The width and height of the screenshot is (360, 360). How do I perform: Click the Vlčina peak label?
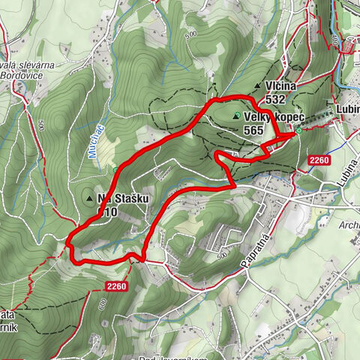(x=280, y=86)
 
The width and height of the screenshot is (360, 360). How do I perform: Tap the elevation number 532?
(x=274, y=99)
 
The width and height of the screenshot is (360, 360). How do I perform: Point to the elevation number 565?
(x=254, y=129)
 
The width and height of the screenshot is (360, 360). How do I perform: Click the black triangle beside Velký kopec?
(x=238, y=115)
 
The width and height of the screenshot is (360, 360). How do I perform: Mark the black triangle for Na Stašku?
(x=90, y=199)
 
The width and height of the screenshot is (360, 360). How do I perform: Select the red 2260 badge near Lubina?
(x=319, y=160)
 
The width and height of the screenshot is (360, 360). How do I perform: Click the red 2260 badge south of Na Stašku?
(x=116, y=286)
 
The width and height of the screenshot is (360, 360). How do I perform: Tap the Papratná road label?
(x=256, y=241)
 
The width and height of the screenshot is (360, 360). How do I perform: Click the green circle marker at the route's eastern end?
(x=298, y=130)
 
